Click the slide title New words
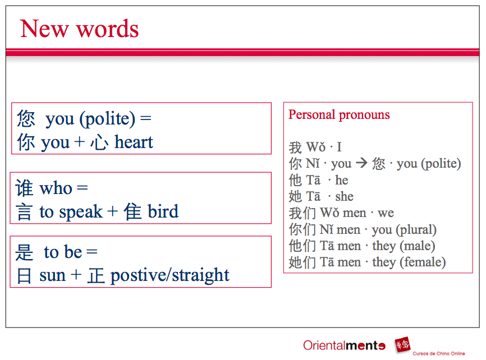(x=79, y=29)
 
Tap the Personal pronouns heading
(x=339, y=115)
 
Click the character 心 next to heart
(x=99, y=142)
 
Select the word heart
(x=134, y=142)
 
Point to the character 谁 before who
(x=25, y=188)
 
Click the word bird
(x=163, y=211)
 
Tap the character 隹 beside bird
(x=132, y=212)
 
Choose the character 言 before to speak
(x=25, y=212)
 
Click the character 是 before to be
(x=25, y=252)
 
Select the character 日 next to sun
(x=25, y=276)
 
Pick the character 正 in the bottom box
(x=96, y=276)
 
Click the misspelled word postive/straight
(x=170, y=275)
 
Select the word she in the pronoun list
(x=344, y=196)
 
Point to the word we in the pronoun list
(x=386, y=213)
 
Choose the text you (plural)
(x=404, y=229)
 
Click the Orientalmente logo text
(x=344, y=345)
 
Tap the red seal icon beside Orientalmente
(x=401, y=345)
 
